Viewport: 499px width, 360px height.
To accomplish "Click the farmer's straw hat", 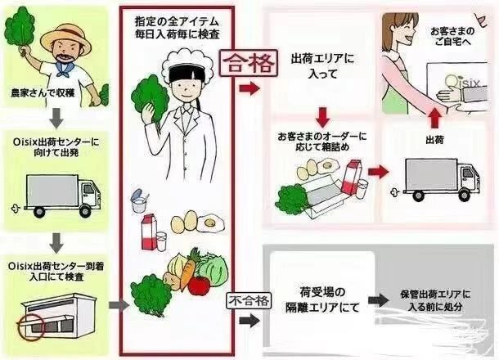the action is coord(66,40).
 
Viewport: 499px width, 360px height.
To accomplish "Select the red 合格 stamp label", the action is coord(249,63).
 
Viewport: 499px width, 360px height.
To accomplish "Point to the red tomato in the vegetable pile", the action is coord(199,286).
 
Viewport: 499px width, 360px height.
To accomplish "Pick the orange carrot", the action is coord(187,270).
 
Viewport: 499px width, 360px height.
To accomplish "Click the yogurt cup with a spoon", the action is coord(140,200).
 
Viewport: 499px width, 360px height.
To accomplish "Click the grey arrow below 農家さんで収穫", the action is coord(56,118).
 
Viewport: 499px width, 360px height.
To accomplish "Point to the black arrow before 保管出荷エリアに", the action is coord(379,300).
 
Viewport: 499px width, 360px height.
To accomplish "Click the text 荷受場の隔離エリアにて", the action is coord(322,299).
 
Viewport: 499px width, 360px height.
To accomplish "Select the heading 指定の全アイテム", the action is coord(177,22).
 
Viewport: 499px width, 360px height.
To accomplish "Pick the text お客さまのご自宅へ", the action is coord(452,36).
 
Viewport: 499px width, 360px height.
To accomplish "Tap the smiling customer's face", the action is coord(402,29).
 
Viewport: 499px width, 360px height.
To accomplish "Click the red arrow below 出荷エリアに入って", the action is coord(322,118).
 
